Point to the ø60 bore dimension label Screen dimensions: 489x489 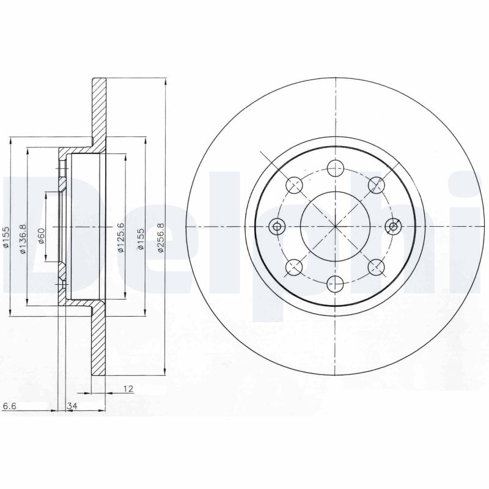(x=42, y=235)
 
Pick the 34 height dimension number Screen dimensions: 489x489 (x=72, y=405)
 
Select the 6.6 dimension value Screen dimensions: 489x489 (x=9, y=405)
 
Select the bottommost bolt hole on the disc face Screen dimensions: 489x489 (x=335, y=283)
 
